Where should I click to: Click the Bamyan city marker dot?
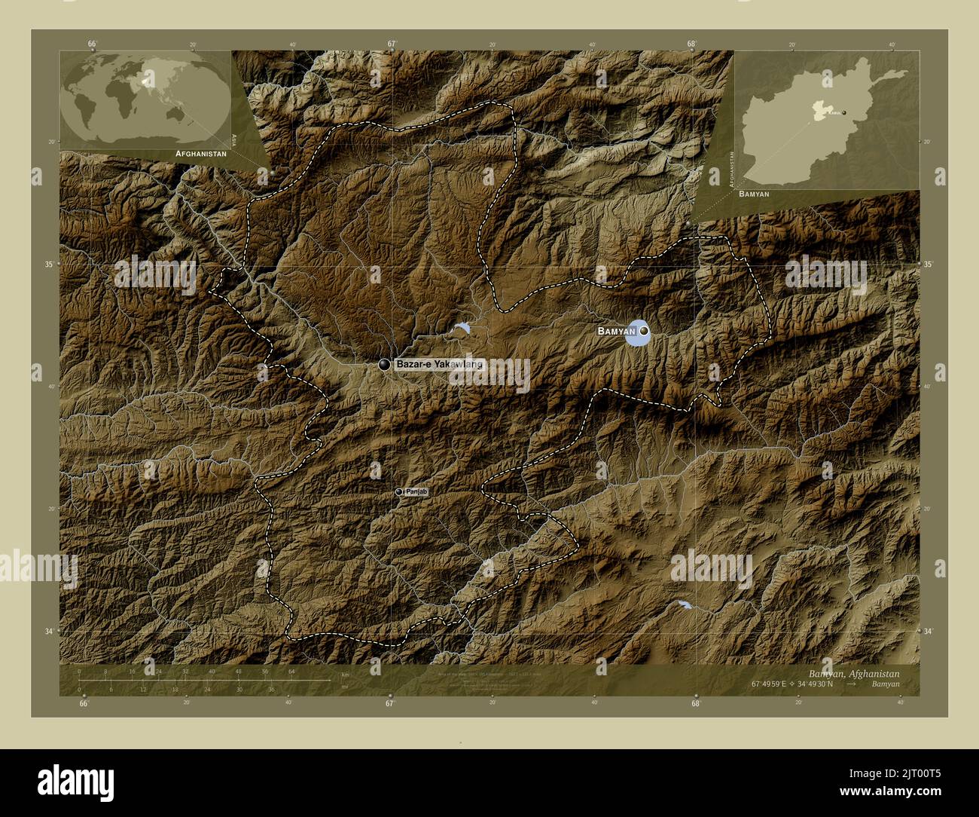point(644,331)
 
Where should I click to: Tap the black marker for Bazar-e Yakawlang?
point(385,365)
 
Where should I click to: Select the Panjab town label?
point(416,492)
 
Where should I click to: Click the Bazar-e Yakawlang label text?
point(439,365)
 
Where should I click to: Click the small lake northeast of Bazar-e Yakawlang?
point(462,328)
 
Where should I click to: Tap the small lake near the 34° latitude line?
point(682,604)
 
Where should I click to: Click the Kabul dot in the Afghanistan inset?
point(844,112)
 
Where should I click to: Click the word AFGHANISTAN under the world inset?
point(200,153)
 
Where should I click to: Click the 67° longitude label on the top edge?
point(392,44)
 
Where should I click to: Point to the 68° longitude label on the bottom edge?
point(695,704)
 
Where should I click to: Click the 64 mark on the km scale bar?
point(291,672)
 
